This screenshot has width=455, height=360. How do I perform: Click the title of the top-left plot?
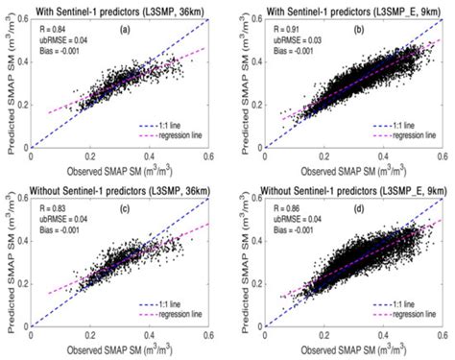click(119, 11)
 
